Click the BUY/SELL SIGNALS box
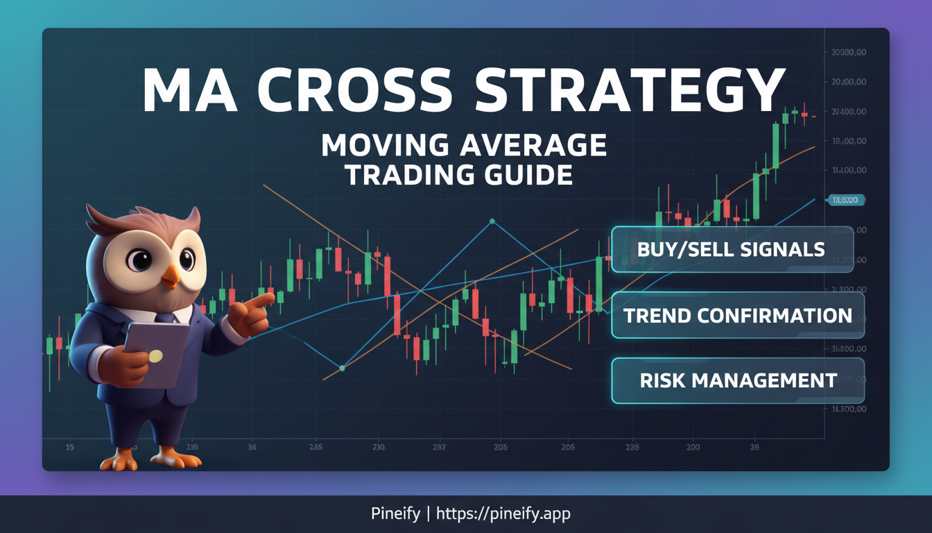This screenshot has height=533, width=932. coord(732,249)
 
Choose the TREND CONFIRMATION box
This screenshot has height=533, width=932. coord(738,316)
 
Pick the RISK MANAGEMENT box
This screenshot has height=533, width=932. coord(738,380)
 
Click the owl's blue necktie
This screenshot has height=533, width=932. coord(166,319)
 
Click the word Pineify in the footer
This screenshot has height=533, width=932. coord(395,514)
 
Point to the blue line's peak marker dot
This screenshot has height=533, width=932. coord(492,221)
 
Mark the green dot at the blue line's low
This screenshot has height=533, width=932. coord(342,369)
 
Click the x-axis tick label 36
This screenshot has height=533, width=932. coord(252,448)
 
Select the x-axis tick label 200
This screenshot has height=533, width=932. coord(693,448)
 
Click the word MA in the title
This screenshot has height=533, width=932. coord(182,90)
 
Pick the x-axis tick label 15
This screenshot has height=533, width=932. coord(69,448)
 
